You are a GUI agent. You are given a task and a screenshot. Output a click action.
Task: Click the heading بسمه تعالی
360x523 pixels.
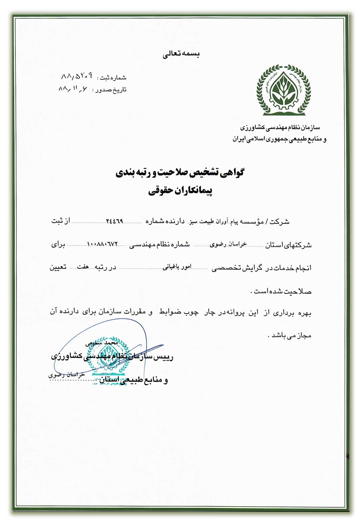click(x=181, y=55)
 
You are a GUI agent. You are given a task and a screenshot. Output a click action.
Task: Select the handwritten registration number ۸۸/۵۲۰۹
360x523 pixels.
click(x=77, y=76)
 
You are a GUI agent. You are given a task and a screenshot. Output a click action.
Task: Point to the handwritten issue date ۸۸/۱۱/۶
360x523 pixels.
click(x=73, y=89)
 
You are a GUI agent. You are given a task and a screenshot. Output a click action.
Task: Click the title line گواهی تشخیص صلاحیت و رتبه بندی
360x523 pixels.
click(x=180, y=173)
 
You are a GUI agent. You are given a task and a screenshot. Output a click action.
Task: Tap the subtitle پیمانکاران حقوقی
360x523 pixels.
click(x=180, y=191)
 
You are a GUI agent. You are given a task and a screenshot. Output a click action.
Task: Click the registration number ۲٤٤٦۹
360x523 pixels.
click(x=114, y=221)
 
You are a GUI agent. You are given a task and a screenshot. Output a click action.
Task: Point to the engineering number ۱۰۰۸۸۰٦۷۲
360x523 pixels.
click(x=102, y=244)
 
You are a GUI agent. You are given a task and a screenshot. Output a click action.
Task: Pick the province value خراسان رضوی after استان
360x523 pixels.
click(x=228, y=244)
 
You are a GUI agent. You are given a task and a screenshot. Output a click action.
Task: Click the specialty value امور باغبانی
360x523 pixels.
click(x=177, y=267)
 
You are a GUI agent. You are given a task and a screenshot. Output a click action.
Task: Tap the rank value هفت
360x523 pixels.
click(x=83, y=267)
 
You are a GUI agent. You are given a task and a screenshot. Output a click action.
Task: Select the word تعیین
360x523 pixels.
click(x=58, y=267)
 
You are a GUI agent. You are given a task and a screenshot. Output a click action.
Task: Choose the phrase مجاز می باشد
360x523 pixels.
click(x=290, y=335)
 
